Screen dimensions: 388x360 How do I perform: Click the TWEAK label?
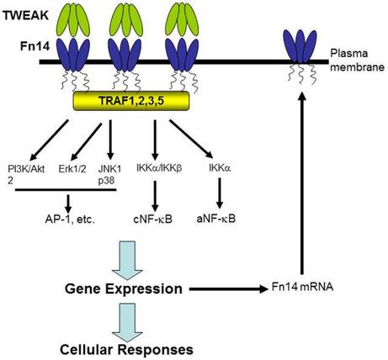(x=25, y=15)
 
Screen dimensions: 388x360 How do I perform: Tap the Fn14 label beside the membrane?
(x=35, y=46)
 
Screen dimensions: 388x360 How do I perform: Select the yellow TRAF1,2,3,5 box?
(x=131, y=101)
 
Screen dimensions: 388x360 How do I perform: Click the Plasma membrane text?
(x=357, y=61)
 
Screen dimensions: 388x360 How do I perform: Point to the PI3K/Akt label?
(x=26, y=169)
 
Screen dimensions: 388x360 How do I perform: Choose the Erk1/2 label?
(x=72, y=169)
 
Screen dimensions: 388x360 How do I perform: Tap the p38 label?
(x=106, y=180)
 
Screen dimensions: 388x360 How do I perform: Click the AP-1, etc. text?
(x=70, y=220)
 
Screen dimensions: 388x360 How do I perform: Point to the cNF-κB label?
(x=152, y=219)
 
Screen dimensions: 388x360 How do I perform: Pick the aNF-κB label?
(x=216, y=219)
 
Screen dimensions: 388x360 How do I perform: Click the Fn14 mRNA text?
(x=302, y=287)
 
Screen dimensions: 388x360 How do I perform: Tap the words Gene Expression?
(x=124, y=289)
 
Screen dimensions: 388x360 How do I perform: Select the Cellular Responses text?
(x=126, y=350)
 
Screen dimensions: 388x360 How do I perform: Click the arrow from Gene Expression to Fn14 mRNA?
(x=229, y=289)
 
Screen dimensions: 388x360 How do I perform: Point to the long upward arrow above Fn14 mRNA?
(x=302, y=183)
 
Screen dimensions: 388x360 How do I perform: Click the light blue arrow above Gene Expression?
(x=127, y=261)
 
